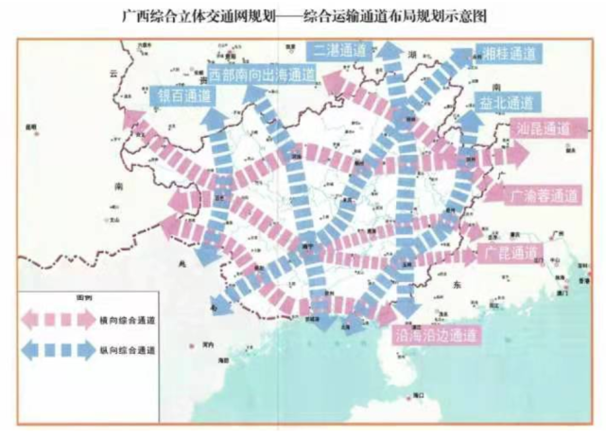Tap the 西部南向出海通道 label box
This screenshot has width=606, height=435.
[263, 74]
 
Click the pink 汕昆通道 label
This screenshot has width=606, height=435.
[541, 127]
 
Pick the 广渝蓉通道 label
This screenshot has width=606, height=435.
[545, 198]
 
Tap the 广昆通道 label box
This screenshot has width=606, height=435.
[511, 253]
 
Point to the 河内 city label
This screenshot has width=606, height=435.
[203, 346]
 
